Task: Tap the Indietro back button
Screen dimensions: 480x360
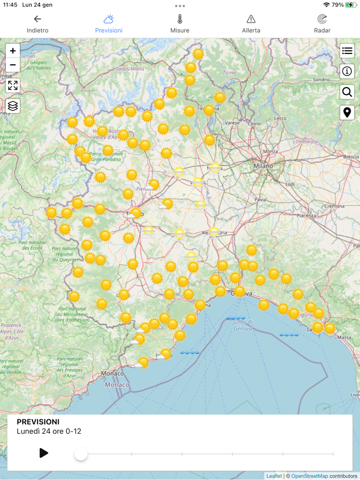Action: pyautogui.click(x=38, y=24)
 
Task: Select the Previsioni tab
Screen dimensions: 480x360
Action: pyautogui.click(x=109, y=24)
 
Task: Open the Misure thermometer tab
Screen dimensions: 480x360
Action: pyautogui.click(x=180, y=24)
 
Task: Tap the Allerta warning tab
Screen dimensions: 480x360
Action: pyautogui.click(x=251, y=24)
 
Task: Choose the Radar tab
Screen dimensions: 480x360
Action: pyautogui.click(x=322, y=24)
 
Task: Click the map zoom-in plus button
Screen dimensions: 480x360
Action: pyautogui.click(x=13, y=51)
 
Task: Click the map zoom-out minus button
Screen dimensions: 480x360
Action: pyautogui.click(x=13, y=65)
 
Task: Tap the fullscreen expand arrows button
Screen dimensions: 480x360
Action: pyautogui.click(x=13, y=85)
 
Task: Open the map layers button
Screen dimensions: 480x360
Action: pyautogui.click(x=13, y=106)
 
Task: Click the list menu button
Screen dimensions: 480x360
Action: pyautogui.click(x=347, y=51)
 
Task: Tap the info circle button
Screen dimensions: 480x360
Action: pyautogui.click(x=347, y=71)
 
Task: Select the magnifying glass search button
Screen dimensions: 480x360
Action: pyautogui.click(x=347, y=92)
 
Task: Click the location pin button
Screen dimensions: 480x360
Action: pyautogui.click(x=347, y=113)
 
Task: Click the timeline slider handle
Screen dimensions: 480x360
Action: pyautogui.click(x=81, y=454)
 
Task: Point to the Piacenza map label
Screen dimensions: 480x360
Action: pyautogui.click(x=306, y=216)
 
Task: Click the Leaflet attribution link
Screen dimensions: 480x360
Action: pyautogui.click(x=274, y=476)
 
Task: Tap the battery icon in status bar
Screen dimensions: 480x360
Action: pyautogui.click(x=351, y=5)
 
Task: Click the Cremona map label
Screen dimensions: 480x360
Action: pyautogui.click(x=334, y=206)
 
